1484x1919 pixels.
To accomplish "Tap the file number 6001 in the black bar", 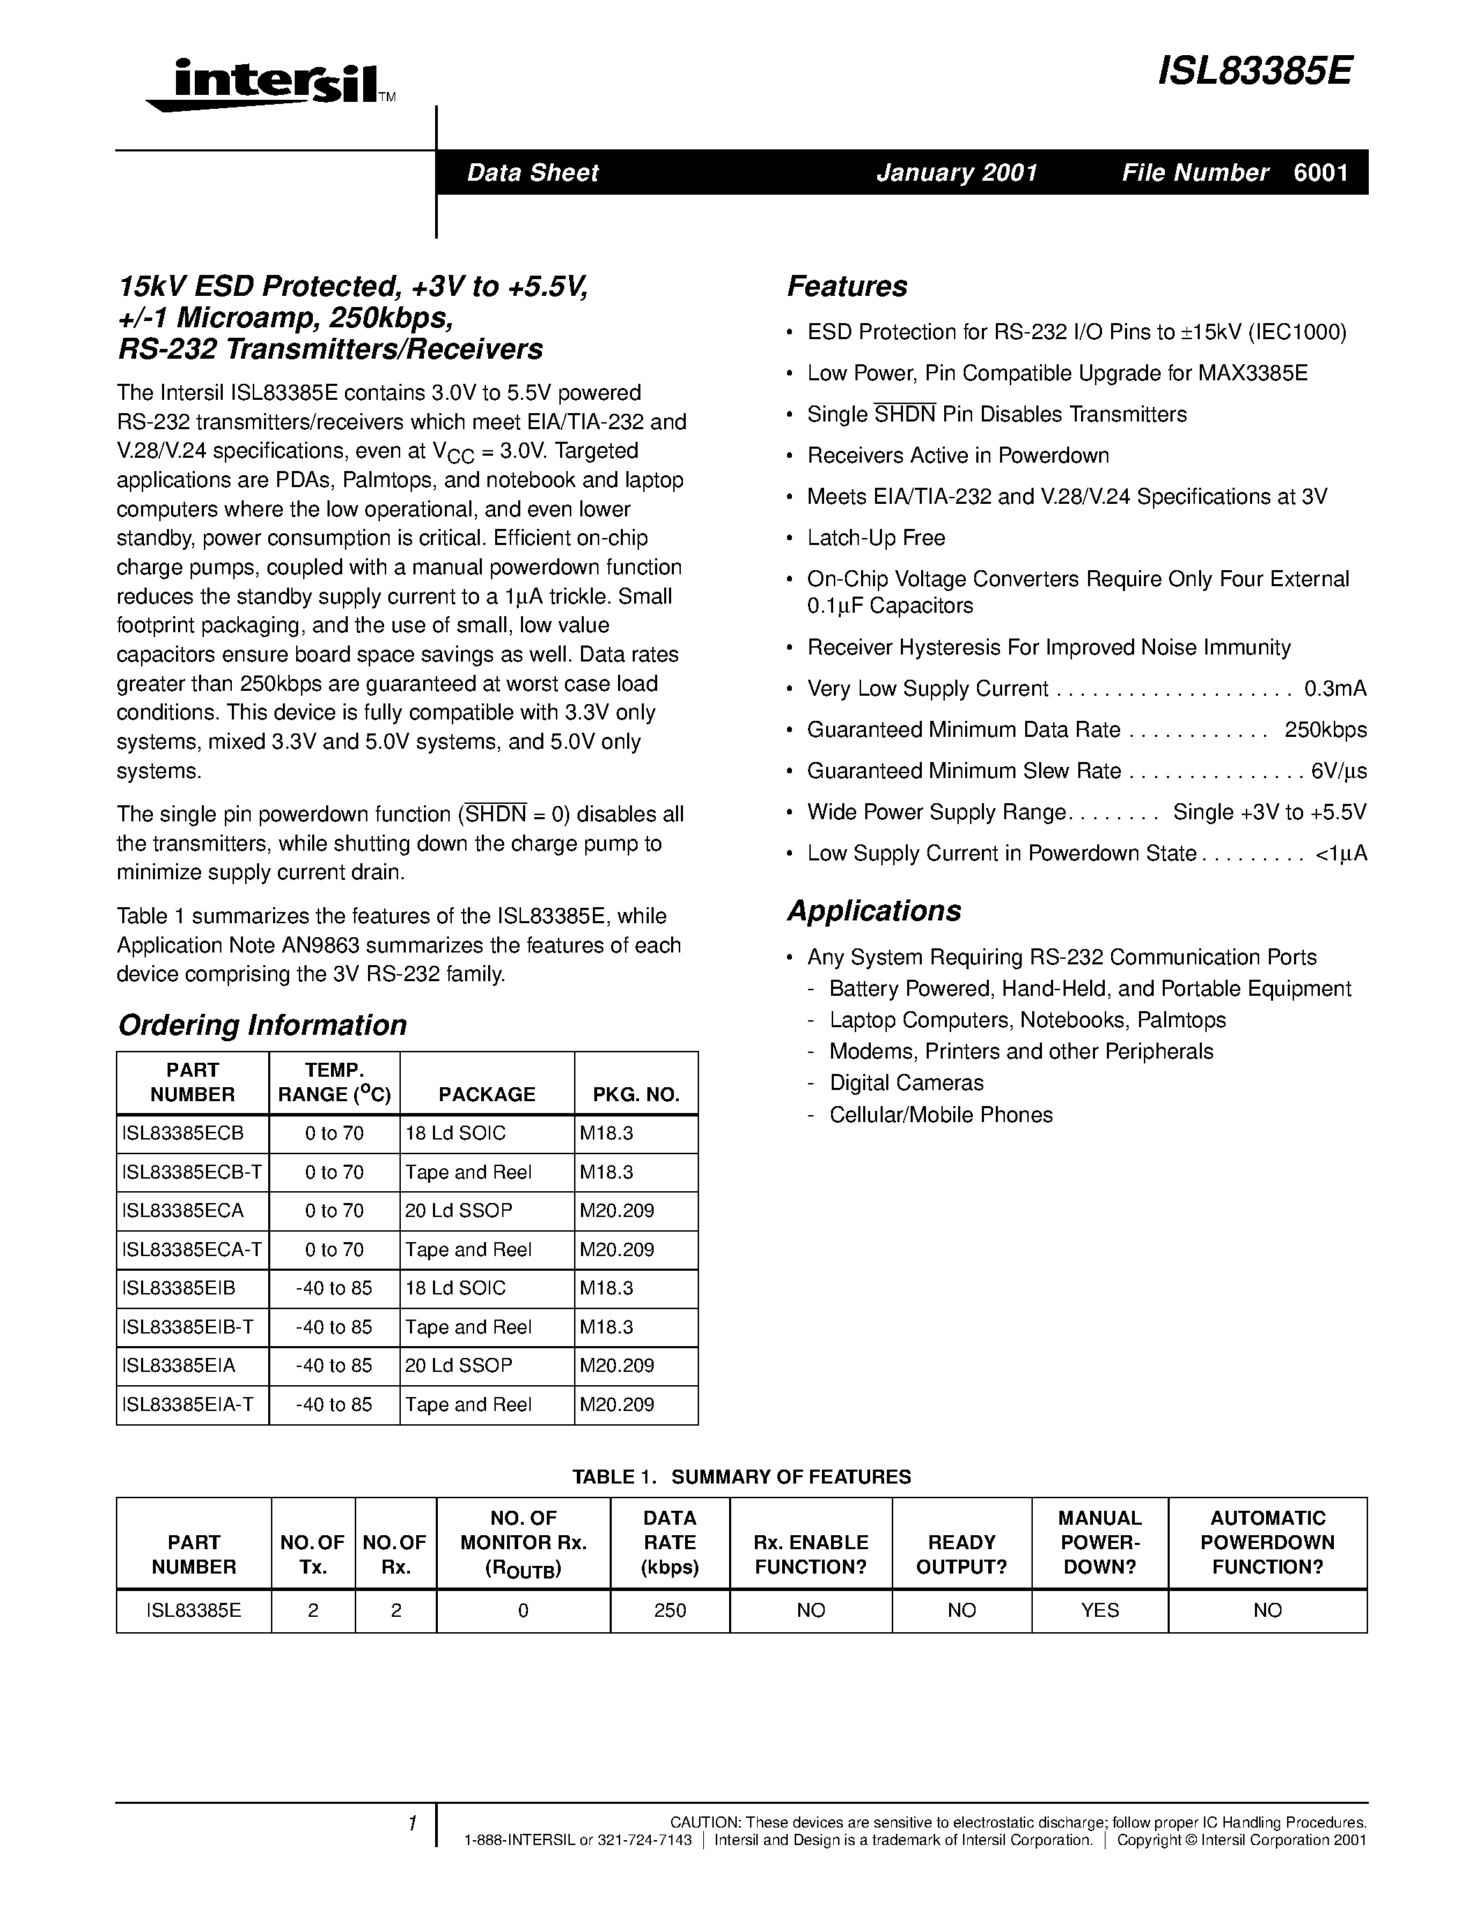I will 1321,172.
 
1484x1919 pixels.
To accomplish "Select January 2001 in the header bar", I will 957,172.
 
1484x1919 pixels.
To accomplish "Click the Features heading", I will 846,286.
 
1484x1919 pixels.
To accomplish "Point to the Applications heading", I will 874,910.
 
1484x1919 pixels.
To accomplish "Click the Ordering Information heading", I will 262,1024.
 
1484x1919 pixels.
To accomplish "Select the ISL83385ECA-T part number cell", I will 191,1250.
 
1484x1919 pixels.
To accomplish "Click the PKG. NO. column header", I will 636,1094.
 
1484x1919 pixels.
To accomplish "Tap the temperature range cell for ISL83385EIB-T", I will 334,1327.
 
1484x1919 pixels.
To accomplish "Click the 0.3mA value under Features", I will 1335,689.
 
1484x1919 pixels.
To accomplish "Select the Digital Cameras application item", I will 906,1082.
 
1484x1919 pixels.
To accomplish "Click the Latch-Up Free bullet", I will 876,538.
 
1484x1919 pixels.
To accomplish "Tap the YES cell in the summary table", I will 1099,1610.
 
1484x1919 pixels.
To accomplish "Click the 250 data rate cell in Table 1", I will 670,1610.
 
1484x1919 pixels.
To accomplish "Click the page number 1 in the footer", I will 411,1823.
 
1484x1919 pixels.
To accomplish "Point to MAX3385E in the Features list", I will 1252,373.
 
